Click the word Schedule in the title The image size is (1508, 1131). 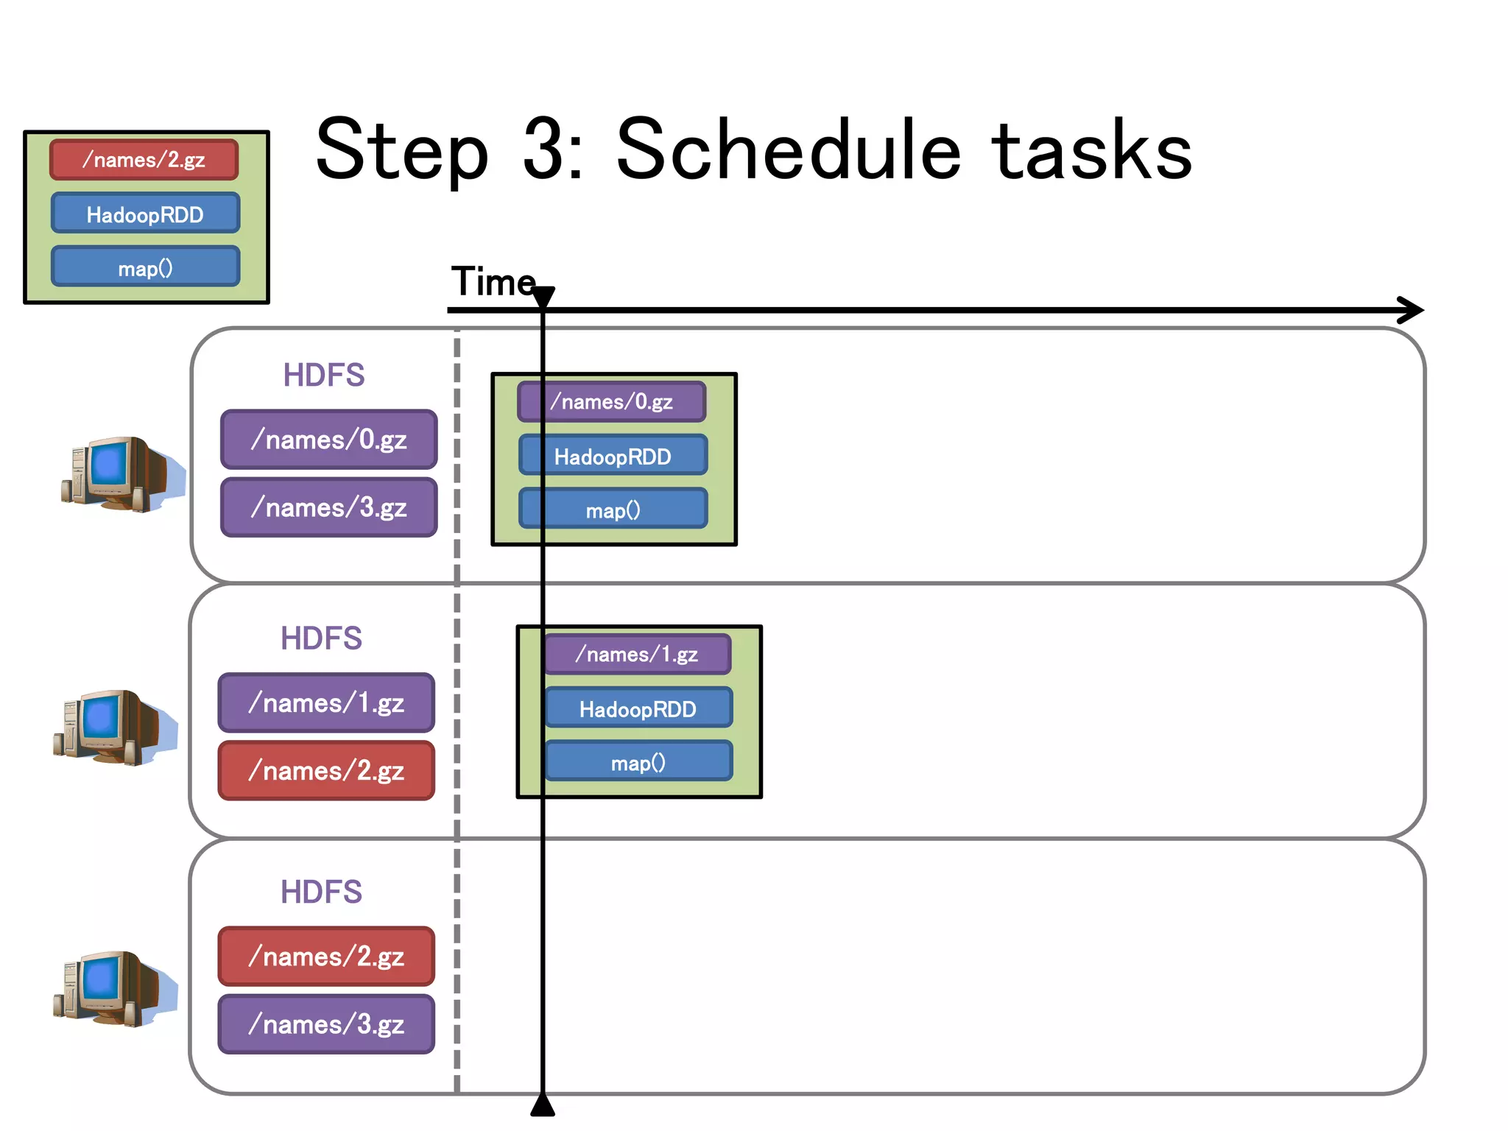pos(789,150)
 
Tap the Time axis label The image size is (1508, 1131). pos(493,281)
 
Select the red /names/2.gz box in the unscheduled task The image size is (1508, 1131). pos(144,160)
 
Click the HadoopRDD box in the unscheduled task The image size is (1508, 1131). pos(145,214)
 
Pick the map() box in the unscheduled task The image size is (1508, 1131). pos(145,267)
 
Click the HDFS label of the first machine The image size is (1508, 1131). pos(323,375)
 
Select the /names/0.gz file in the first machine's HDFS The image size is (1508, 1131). pos(328,440)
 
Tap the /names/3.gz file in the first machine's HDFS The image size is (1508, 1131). pos(328,507)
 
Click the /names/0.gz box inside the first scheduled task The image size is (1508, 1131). pos(612,401)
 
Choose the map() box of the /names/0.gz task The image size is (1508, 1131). pos(613,510)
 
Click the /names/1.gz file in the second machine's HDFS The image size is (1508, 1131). pos(326,703)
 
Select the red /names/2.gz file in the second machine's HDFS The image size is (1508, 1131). pos(326,771)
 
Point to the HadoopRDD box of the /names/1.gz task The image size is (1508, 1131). pos(638,708)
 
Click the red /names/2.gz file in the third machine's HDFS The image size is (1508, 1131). pos(326,956)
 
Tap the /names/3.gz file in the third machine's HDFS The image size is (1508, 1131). pos(326,1024)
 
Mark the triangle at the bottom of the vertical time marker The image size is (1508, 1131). pos(543,1105)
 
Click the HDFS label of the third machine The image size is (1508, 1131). pos(321,892)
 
